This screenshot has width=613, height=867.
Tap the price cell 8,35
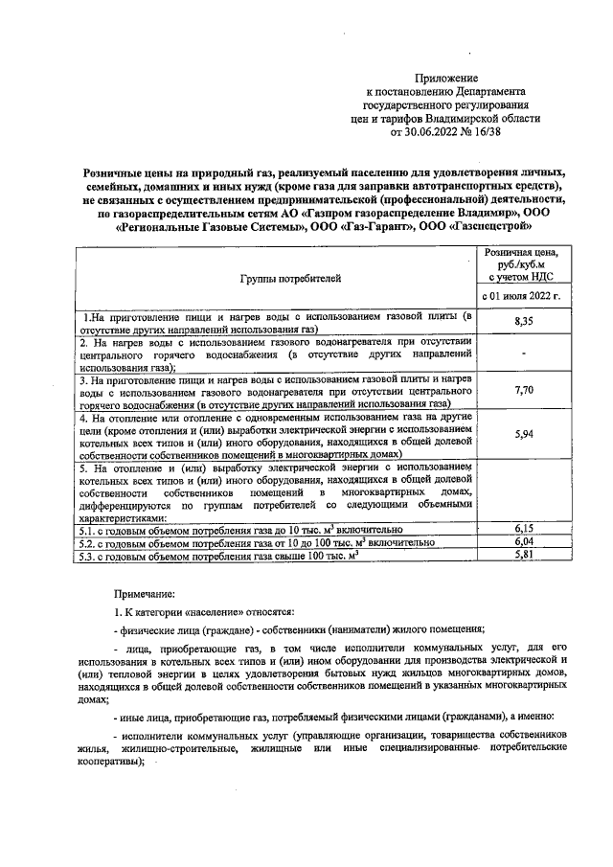coord(523,322)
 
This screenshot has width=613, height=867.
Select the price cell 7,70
coord(523,392)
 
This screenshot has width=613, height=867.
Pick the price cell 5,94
coord(523,434)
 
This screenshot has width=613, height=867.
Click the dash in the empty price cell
coord(523,355)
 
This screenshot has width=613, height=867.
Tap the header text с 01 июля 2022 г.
coord(523,296)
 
